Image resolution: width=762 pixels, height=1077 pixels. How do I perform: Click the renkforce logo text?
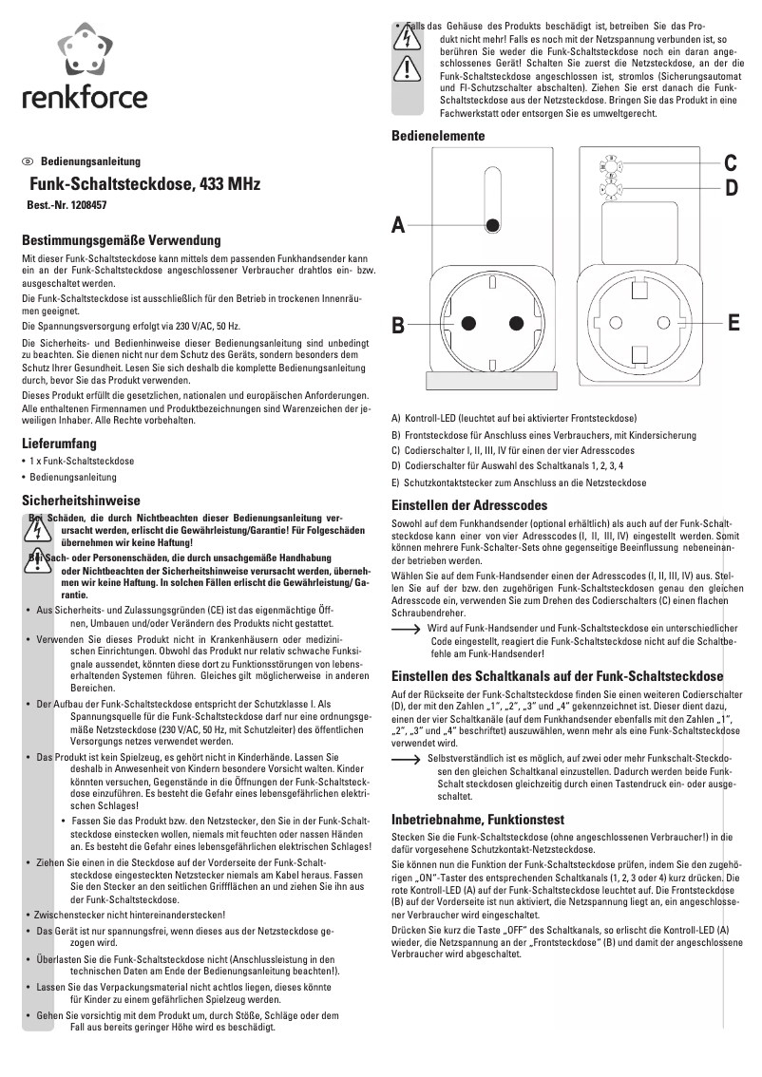tap(86, 97)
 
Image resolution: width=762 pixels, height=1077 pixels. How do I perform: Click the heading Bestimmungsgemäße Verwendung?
tap(122, 241)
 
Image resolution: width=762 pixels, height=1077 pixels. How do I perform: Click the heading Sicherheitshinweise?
tap(82, 500)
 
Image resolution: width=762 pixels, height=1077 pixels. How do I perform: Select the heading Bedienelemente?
tap(438, 137)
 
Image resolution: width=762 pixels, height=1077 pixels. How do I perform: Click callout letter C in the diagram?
tap(731, 162)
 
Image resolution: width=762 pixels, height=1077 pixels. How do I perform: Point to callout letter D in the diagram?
tap(731, 188)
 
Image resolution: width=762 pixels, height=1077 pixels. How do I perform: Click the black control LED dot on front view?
tap(493, 225)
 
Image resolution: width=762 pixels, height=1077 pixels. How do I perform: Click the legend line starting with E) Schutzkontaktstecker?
tap(519, 482)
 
